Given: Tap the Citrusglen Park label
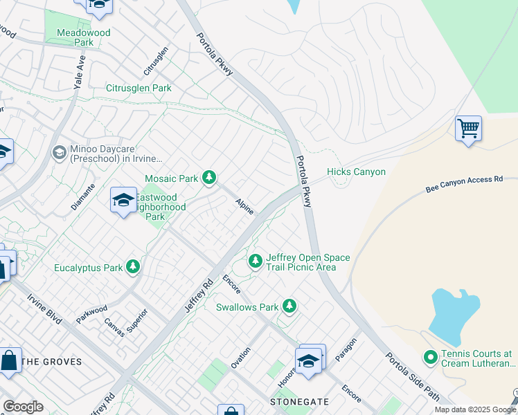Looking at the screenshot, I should pyautogui.click(x=139, y=89).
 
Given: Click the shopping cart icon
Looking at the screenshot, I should pyautogui.click(x=468, y=128).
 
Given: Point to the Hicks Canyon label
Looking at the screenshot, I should pyautogui.click(x=356, y=172).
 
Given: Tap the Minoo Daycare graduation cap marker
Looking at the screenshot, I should pyautogui.click(x=59, y=152).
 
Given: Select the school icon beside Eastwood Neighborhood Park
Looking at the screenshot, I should pyautogui.click(x=123, y=200).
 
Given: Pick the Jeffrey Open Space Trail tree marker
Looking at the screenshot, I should pyautogui.click(x=256, y=261).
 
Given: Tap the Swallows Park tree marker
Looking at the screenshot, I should pyautogui.click(x=289, y=306).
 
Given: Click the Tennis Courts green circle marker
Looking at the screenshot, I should pyautogui.click(x=430, y=358).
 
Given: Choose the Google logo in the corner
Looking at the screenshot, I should pyautogui.click(x=23, y=407).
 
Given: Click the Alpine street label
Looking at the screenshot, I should pyautogui.click(x=244, y=205).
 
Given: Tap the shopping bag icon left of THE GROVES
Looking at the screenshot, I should pyautogui.click(x=9, y=360).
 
